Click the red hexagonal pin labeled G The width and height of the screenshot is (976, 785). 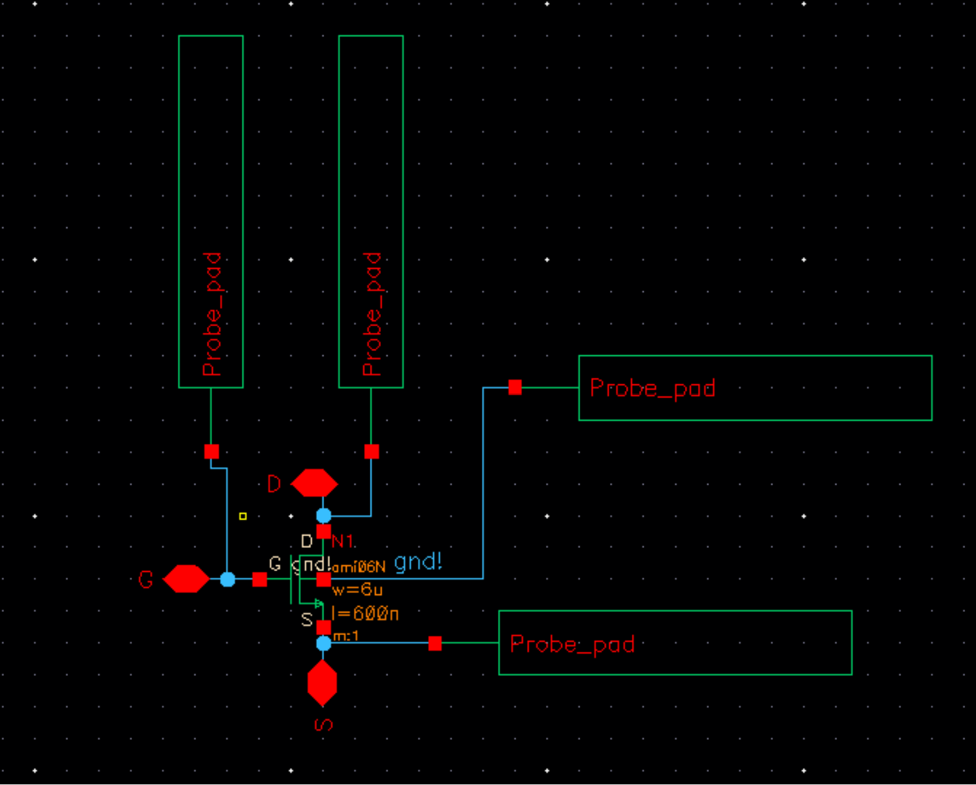(186, 579)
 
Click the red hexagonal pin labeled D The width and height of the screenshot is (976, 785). (314, 483)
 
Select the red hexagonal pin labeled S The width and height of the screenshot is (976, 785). (322, 683)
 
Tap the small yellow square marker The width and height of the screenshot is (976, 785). (243, 516)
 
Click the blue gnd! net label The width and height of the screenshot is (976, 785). (418, 562)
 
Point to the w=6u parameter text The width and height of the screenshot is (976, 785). (357, 590)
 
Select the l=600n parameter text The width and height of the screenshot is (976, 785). (365, 613)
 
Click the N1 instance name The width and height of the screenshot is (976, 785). (343, 541)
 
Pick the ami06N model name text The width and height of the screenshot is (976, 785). (360, 567)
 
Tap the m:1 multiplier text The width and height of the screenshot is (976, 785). (346, 636)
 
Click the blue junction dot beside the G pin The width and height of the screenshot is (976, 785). (228, 580)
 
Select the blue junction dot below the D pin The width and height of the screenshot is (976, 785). (323, 516)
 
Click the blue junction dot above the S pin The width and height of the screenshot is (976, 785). (323, 644)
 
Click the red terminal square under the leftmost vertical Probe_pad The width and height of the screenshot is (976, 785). (211, 452)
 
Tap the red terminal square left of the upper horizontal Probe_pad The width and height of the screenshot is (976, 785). (515, 388)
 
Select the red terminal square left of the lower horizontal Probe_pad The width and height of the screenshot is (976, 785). (435, 644)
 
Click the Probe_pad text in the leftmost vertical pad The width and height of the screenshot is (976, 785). (211, 314)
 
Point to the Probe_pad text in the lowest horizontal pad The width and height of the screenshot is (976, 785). (572, 644)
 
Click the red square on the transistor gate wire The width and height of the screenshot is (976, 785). (259, 580)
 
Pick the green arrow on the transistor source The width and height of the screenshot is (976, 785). (318, 603)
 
